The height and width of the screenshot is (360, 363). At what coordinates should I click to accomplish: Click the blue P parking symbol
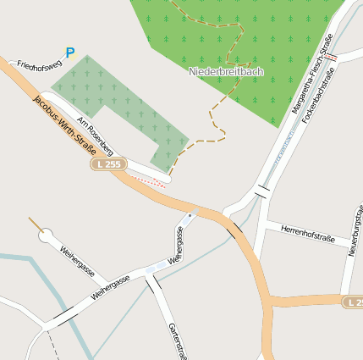[x=70, y=53]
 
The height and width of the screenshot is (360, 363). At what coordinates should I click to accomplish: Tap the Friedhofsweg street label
[x=39, y=64]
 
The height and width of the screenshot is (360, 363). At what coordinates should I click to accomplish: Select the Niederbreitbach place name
[x=226, y=72]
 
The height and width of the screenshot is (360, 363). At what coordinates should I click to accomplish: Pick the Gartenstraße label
[x=176, y=339]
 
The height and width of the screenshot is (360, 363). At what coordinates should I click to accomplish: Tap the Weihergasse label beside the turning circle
[x=83, y=265]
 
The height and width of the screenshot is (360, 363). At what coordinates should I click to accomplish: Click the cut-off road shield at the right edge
[x=355, y=302]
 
